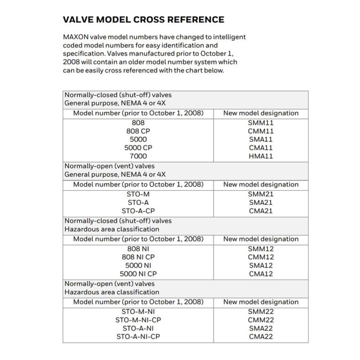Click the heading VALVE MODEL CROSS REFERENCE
coord(143,20)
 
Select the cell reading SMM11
coord(261,122)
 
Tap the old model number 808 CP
coord(138,131)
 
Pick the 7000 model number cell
coord(138,156)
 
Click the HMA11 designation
coord(261,156)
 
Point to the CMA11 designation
coord(261,148)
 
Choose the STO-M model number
coord(138,194)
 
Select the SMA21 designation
coord(261,202)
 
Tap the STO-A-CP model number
coord(138,210)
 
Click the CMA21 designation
coord(261,210)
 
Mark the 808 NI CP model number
coord(138,257)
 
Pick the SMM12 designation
coord(261,248)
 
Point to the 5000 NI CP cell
coord(138,274)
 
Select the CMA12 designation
coord(261,274)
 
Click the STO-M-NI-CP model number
coord(138,320)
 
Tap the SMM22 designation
coord(261,311)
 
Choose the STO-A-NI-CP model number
coord(138,337)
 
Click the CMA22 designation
coord(261,337)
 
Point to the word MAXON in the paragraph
coord(76,37)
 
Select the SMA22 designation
coord(261,328)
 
